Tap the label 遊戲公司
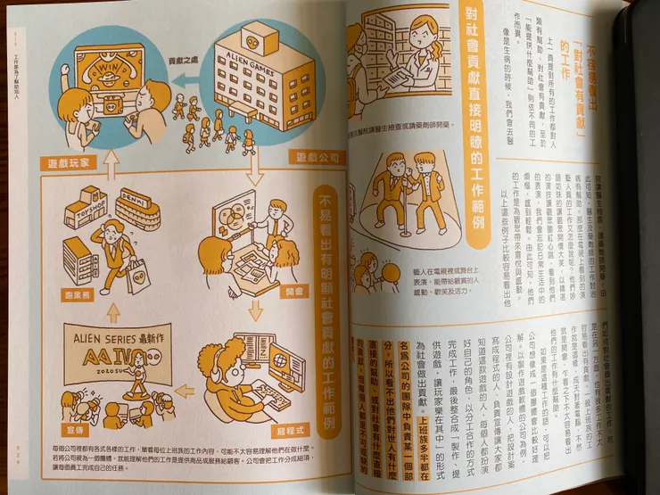(318, 158)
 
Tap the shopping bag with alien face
(139, 278)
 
